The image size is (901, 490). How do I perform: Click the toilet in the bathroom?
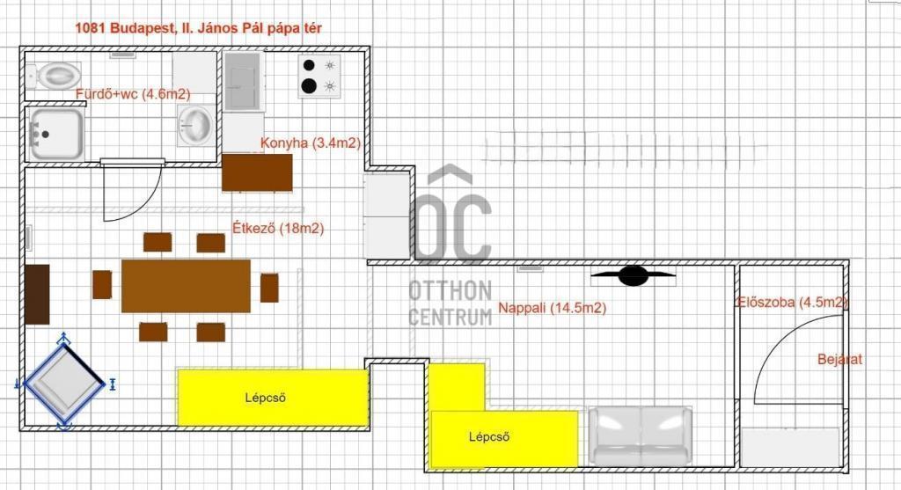click(53, 76)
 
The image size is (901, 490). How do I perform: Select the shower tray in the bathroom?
click(56, 135)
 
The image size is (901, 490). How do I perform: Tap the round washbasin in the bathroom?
click(195, 125)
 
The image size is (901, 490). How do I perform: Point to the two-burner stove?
click(319, 77)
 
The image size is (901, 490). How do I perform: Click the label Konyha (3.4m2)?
click(311, 143)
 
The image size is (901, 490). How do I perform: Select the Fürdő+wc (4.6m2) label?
click(133, 93)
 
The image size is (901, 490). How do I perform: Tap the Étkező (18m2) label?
click(278, 228)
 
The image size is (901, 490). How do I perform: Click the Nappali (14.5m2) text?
click(553, 308)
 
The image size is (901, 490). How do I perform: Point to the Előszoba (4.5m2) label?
click(793, 302)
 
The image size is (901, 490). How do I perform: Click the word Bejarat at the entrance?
click(839, 360)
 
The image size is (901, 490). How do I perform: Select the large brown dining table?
click(187, 286)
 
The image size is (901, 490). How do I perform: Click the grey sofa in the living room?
click(641, 435)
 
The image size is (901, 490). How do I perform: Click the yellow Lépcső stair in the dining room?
click(273, 398)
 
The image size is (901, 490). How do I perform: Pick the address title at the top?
click(198, 27)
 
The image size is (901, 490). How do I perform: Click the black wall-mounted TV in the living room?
click(634, 275)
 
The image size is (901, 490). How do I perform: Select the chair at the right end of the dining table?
click(269, 288)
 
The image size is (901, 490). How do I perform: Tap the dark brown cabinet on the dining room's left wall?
click(37, 294)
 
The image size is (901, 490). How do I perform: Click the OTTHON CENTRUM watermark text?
click(450, 304)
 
